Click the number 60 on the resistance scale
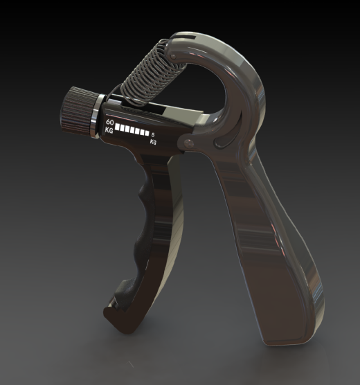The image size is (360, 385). tap(109, 123)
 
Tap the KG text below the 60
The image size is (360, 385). tap(109, 130)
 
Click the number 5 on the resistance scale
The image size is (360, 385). tap(153, 134)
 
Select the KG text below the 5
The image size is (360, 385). tap(153, 142)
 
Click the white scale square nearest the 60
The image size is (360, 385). tap(118, 127)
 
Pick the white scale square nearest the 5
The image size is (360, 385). tap(147, 133)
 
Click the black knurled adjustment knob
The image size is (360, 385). tap(78, 109)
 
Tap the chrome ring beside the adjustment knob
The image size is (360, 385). tap(96, 116)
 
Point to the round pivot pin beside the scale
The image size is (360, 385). tap(189, 143)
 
